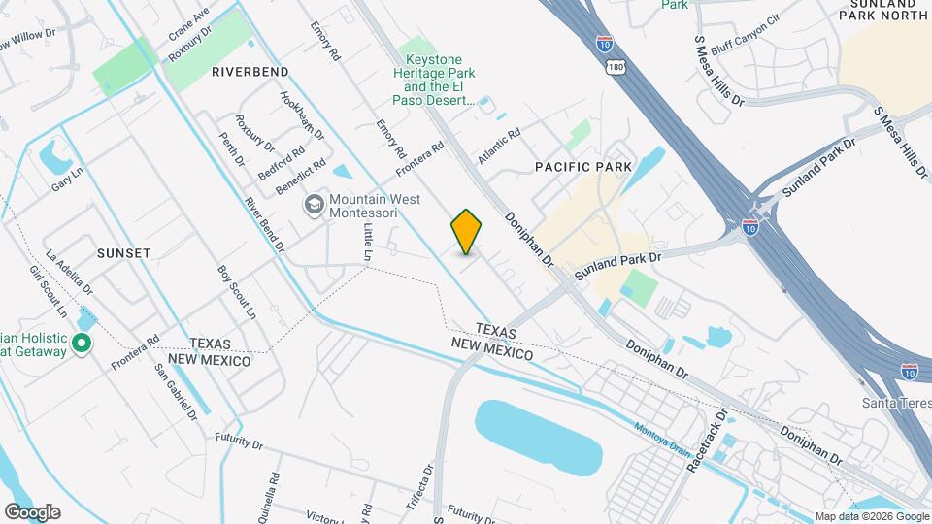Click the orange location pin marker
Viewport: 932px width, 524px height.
[467, 231]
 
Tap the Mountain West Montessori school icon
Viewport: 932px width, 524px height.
[314, 205]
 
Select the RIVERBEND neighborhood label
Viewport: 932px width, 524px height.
[250, 72]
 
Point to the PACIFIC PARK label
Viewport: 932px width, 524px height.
[583, 167]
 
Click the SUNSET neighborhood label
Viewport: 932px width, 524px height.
[123, 252]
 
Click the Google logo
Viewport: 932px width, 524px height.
[32, 511]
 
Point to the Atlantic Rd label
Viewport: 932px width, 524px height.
[499, 147]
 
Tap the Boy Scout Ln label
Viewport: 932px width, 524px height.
[236, 293]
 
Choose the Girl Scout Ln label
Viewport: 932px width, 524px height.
[48, 292]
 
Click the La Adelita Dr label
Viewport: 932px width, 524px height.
[68, 266]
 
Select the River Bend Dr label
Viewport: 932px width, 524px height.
[264, 223]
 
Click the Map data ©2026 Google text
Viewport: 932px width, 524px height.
[871, 516]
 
